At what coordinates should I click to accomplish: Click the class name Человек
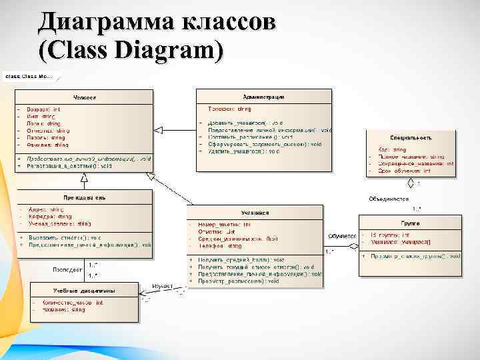84,97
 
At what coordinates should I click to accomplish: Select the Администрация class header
264,97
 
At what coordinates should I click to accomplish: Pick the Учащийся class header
255,213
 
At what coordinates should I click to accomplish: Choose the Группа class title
409,224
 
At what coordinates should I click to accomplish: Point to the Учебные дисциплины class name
84,290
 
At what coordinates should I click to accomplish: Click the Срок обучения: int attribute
404,171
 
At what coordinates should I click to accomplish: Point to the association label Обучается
342,236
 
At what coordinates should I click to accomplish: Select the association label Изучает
163,286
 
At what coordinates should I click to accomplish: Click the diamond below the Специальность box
411,181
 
